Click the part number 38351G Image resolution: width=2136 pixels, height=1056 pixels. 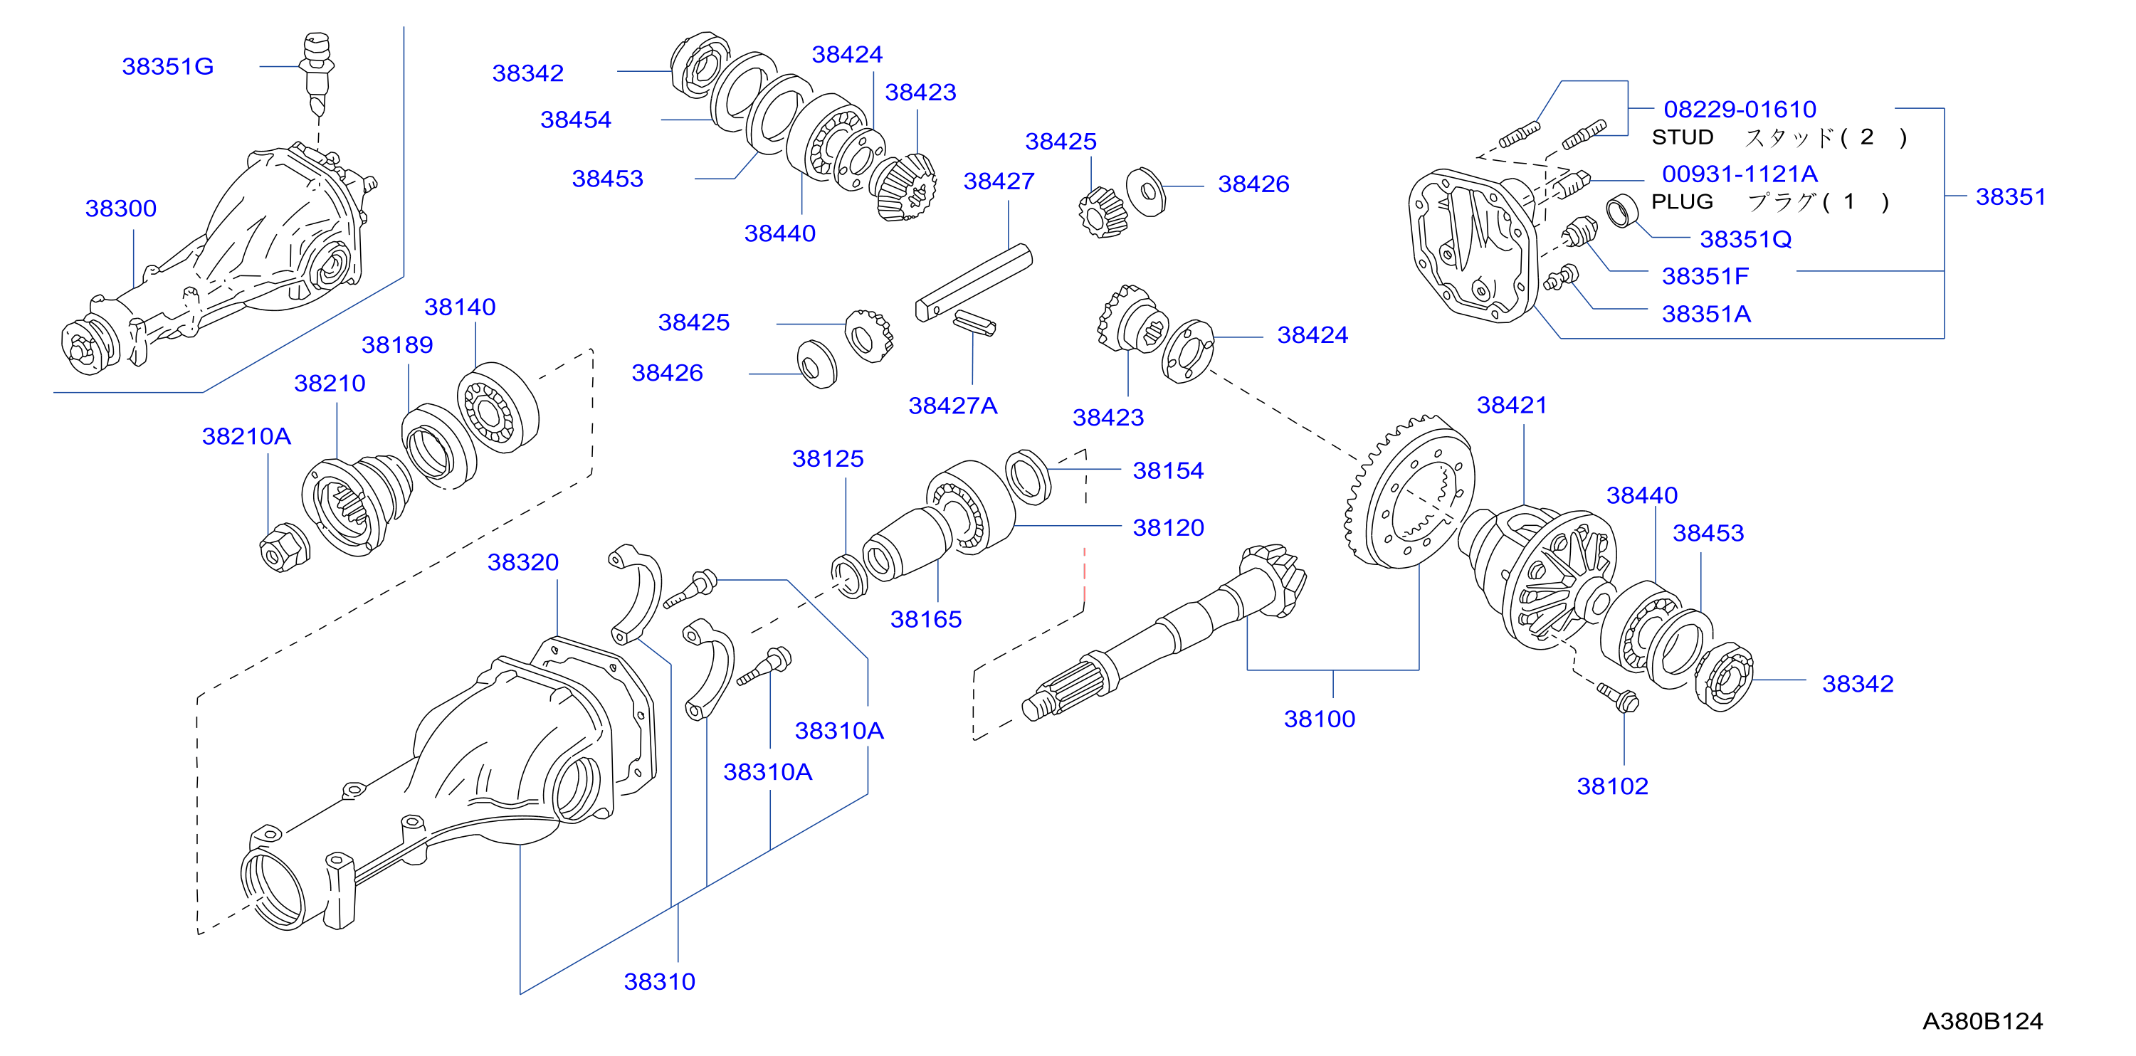pyautogui.click(x=167, y=66)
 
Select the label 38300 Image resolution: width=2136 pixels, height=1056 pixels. pyautogui.click(x=121, y=208)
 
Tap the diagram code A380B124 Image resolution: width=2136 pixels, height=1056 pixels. pyautogui.click(x=1982, y=1021)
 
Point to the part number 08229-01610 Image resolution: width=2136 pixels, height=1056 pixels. pyautogui.click(x=1740, y=110)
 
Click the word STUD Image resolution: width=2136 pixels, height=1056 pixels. pyautogui.click(x=1683, y=137)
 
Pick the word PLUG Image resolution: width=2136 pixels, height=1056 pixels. pyautogui.click(x=1682, y=201)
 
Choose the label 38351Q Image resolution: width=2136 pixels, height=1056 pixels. pyautogui.click(x=1745, y=238)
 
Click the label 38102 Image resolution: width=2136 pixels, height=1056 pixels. pyautogui.click(x=1613, y=786)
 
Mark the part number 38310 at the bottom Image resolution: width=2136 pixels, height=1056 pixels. pyautogui.click(x=659, y=981)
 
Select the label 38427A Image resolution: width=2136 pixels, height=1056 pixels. pyautogui.click(x=953, y=406)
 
